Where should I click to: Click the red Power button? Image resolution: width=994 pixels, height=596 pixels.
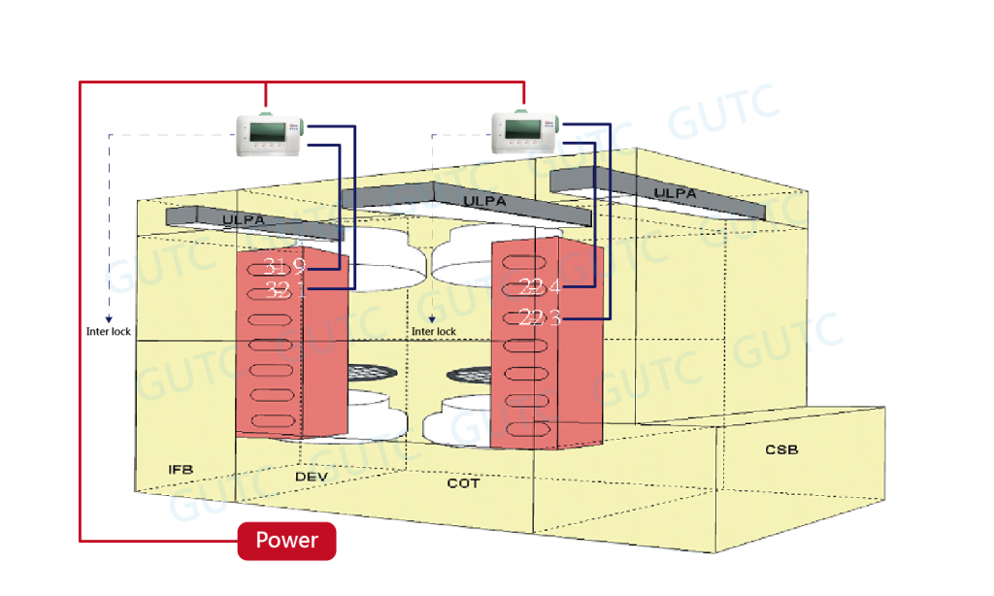click(x=286, y=541)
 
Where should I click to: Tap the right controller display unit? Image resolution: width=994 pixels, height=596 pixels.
click(x=525, y=132)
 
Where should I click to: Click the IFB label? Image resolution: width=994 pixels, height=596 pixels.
click(x=182, y=470)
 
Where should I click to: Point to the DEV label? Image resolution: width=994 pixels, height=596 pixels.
click(x=311, y=477)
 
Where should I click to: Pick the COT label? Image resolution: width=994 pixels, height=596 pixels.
click(x=463, y=482)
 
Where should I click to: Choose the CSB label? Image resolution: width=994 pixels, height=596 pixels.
click(x=781, y=449)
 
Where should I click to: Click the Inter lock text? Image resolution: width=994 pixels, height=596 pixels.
click(x=434, y=332)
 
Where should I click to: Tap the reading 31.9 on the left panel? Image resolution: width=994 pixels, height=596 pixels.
click(x=284, y=266)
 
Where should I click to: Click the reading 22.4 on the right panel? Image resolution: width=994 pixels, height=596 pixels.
click(x=540, y=286)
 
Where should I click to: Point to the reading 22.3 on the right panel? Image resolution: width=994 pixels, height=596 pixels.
click(x=540, y=317)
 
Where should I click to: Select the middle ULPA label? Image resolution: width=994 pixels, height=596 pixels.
click(x=484, y=200)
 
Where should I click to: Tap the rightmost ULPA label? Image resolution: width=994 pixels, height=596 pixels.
click(x=675, y=193)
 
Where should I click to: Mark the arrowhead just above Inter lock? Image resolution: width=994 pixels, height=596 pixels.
click(x=432, y=318)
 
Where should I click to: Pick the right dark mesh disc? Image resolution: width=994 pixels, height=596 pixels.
click(x=469, y=374)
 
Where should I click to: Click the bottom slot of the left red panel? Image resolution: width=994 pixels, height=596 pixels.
click(x=273, y=420)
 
